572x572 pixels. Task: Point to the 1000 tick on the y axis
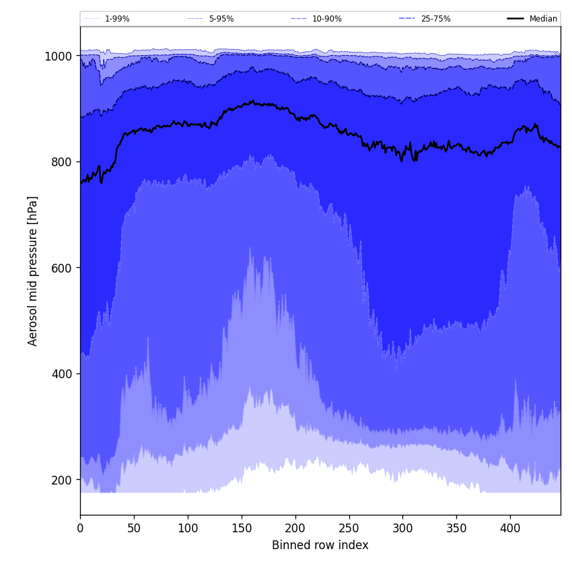tap(59, 57)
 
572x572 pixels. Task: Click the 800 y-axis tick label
tap(62, 162)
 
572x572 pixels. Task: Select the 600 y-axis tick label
tap(62, 268)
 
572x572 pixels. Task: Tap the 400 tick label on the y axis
tap(62, 374)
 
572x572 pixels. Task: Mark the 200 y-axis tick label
tap(62, 480)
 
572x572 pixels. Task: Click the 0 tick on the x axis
tap(80, 528)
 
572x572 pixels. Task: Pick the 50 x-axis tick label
tap(134, 528)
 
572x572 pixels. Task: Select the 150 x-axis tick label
tap(242, 528)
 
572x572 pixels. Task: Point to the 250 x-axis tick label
tap(349, 528)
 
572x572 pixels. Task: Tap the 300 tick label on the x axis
tap(402, 528)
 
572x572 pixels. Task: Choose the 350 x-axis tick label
tap(456, 528)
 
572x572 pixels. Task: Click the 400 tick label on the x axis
tap(510, 528)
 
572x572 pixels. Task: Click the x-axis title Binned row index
tap(320, 545)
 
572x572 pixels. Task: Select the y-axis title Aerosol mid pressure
tap(33, 271)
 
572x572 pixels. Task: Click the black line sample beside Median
tap(515, 19)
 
